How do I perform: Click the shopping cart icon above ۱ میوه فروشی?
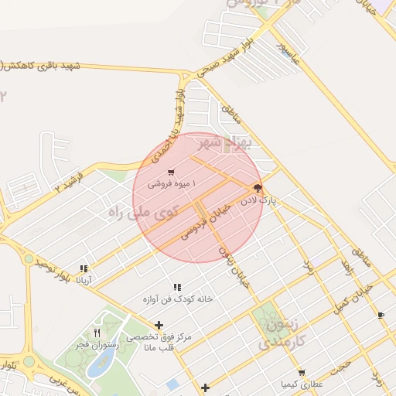point(171,172)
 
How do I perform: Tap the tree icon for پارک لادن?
point(258,188)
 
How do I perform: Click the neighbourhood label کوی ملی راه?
point(144,210)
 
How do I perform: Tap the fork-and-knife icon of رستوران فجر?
point(97,333)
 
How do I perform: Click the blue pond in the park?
point(98,366)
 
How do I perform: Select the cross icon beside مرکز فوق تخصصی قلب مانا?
point(159,325)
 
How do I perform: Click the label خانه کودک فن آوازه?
point(177,298)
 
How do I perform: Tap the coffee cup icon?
point(381,315)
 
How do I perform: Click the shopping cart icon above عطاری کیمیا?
point(301,372)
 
